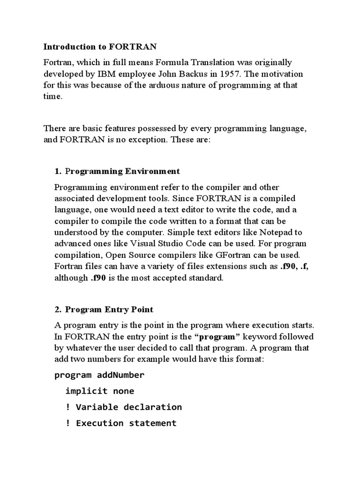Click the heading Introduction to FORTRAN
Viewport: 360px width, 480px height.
[100, 46]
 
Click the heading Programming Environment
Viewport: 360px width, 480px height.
[122, 171]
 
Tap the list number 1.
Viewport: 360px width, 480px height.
[58, 171]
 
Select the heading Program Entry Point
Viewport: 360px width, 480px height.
[109, 309]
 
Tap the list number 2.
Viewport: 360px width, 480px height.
[58, 309]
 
